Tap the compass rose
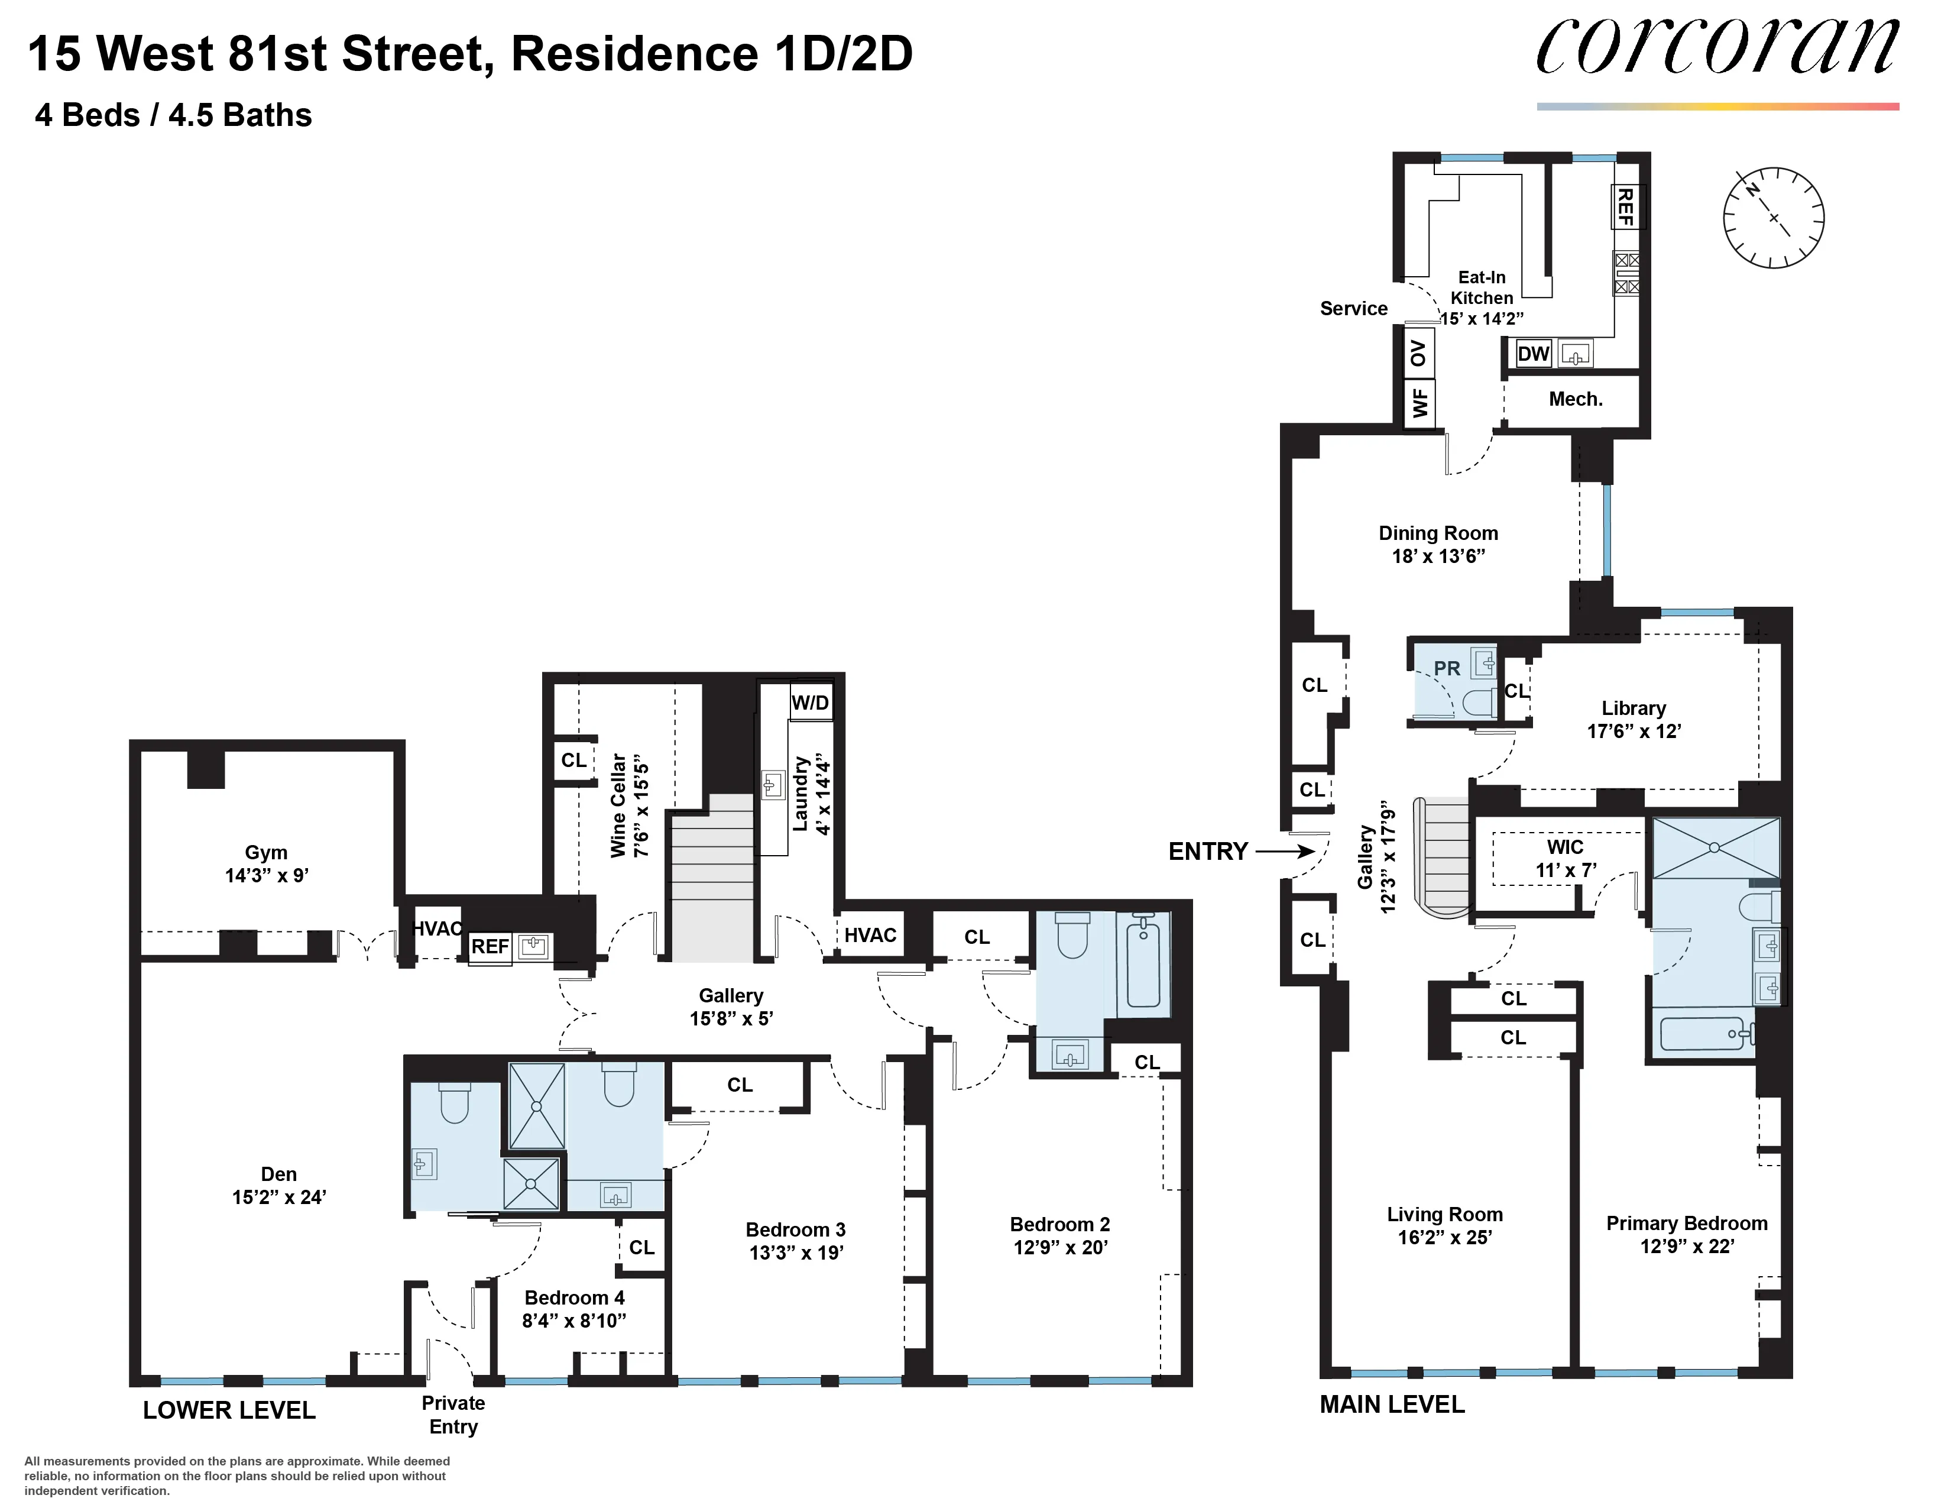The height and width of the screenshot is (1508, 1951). click(1773, 217)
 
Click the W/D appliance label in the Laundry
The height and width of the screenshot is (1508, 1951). click(810, 702)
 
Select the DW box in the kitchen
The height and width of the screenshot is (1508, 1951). click(1533, 354)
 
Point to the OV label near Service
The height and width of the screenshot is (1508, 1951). click(1418, 353)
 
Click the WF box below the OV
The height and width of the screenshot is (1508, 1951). click(1420, 402)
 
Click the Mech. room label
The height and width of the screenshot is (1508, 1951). click(1575, 399)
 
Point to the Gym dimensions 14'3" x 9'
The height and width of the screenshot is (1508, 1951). click(266, 875)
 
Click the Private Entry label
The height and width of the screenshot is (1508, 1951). click(453, 1414)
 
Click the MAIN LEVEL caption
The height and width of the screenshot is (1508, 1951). click(1392, 1405)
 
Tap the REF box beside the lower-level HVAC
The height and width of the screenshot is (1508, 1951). click(490, 946)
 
